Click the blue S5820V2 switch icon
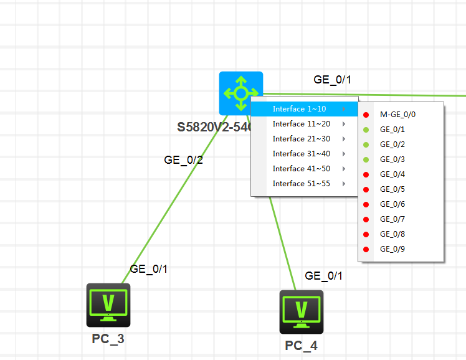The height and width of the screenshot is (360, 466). click(240, 93)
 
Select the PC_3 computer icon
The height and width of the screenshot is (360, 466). click(108, 305)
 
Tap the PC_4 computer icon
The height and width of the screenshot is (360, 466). click(302, 312)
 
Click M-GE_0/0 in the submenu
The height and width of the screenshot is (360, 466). click(397, 115)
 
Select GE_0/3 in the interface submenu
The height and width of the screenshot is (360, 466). click(392, 159)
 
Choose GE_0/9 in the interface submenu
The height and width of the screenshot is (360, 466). click(392, 249)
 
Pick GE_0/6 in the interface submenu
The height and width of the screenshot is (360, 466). click(392, 204)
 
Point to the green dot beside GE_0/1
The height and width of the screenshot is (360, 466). click(366, 130)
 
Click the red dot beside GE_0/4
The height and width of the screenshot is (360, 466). click(366, 174)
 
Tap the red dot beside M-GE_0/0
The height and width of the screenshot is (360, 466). click(366, 115)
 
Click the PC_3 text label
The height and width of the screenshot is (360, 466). click(108, 339)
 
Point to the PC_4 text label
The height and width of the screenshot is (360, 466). click(301, 346)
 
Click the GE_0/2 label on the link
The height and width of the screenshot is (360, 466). click(183, 160)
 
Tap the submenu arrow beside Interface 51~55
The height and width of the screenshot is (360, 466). click(344, 184)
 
